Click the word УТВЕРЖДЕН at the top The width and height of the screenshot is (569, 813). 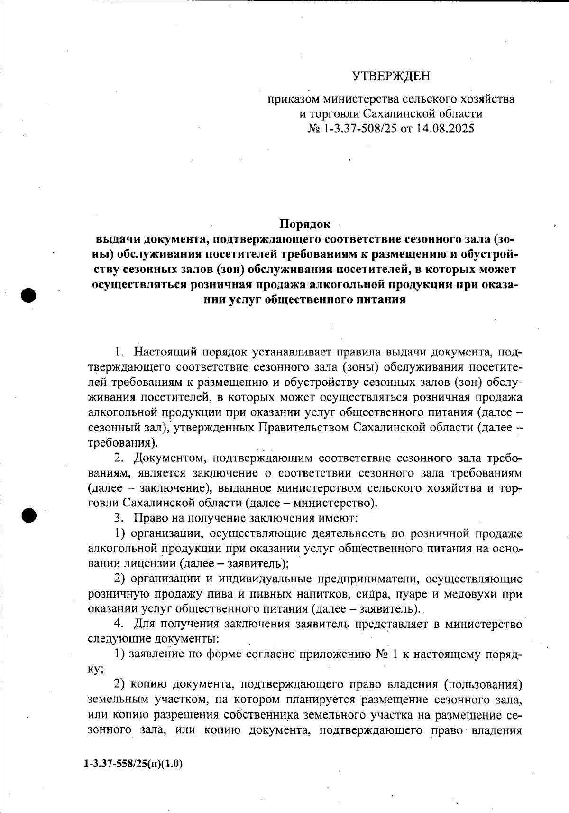[391, 76]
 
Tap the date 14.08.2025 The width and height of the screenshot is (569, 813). [445, 129]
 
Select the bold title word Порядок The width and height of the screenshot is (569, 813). [304, 224]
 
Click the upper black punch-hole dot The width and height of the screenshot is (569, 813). [28, 295]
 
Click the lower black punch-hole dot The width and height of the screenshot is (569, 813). [28, 515]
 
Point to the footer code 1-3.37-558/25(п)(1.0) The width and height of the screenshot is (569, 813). [133, 764]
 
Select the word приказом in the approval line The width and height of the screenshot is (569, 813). [293, 100]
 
